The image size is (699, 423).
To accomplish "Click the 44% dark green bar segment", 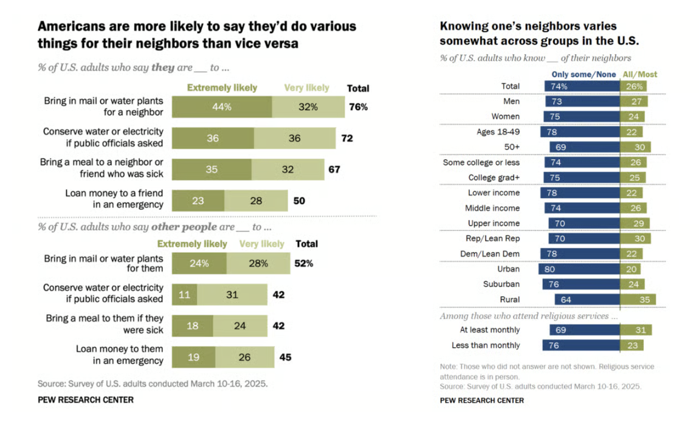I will coord(222,107).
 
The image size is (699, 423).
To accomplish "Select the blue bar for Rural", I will coord(587,300).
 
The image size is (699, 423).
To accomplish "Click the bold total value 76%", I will coord(358,107).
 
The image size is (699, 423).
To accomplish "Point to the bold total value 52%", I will coord(304,263).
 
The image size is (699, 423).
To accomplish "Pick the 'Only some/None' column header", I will coord(584,74).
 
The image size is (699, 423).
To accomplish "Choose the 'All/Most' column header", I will coord(639,74).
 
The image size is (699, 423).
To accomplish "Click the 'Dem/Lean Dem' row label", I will coord(490,253).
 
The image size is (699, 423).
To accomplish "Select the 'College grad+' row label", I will coord(494,177).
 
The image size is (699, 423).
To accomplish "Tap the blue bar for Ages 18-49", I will coord(582,132).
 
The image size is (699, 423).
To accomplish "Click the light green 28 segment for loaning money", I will coord(256,201).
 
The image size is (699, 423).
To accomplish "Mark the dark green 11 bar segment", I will coord(184,295).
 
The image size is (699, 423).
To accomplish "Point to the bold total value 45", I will coord(285,357).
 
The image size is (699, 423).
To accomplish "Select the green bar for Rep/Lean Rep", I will coord(635,239).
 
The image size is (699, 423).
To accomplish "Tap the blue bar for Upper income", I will coord(584,224).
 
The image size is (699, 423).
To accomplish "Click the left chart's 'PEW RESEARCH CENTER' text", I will coord(86,400).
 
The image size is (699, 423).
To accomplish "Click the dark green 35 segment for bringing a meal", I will coord(212,170).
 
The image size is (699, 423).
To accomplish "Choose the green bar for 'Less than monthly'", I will coord(631,345).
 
